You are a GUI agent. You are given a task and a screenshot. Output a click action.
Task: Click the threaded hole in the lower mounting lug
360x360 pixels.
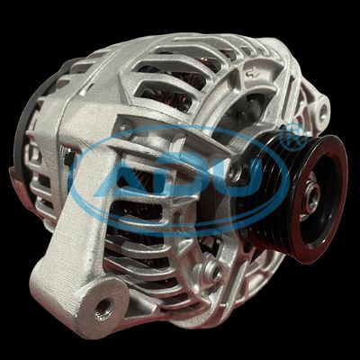[104, 309]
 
